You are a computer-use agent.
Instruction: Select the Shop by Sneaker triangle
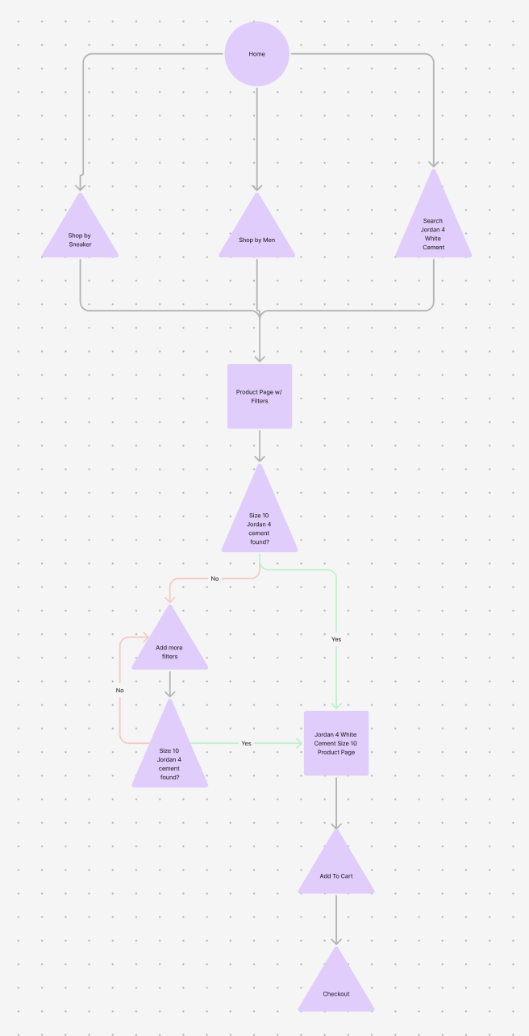point(80,236)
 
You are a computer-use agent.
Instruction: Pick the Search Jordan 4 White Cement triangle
point(433,230)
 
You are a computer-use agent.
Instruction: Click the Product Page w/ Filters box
point(259,396)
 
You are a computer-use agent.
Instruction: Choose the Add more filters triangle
point(169,650)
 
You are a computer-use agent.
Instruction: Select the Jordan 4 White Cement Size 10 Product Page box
point(336,743)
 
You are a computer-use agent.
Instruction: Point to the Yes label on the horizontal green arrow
point(246,743)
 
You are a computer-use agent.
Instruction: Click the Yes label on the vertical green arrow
point(336,639)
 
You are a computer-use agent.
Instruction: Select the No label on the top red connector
point(215,579)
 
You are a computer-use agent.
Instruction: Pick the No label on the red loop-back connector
point(119,691)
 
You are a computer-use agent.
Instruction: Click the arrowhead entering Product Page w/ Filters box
point(259,357)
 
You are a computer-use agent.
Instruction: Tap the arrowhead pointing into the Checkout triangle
point(336,940)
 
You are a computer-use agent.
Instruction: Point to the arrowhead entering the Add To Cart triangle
point(336,824)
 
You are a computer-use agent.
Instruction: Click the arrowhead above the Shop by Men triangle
point(257,186)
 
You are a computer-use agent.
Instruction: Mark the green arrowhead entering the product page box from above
point(336,704)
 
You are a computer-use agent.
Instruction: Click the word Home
point(256,54)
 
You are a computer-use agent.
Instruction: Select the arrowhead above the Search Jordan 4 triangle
point(433,163)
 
